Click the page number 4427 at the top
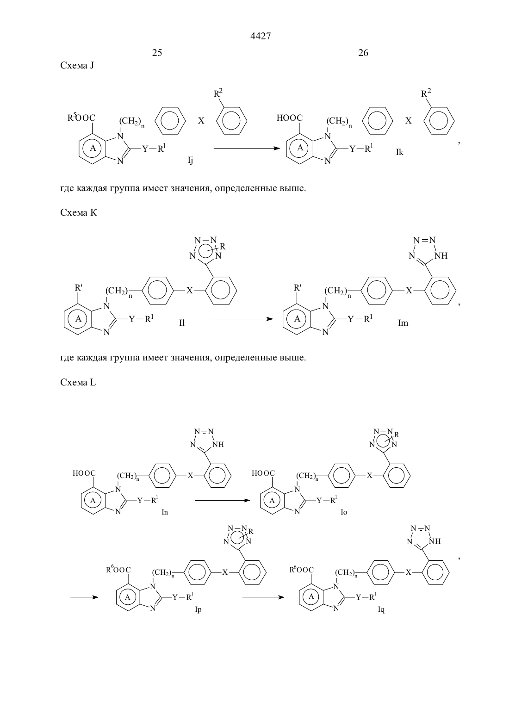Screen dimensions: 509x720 [260, 36]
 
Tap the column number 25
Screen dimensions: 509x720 [157, 53]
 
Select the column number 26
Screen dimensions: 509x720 [363, 53]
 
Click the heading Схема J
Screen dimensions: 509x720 [77, 66]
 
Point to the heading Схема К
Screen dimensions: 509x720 [78, 213]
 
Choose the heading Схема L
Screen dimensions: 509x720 [78, 383]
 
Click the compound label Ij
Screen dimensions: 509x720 [191, 161]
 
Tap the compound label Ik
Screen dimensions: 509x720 [399, 152]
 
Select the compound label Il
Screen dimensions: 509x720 [182, 323]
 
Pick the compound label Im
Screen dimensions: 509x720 [403, 323]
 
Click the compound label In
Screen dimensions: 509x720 [165, 512]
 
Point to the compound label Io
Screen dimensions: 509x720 [344, 512]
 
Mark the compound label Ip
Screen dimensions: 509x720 [198, 610]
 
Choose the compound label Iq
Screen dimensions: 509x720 [381, 610]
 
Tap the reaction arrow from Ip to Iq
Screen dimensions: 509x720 [263, 597]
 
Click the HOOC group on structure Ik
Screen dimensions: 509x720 [290, 118]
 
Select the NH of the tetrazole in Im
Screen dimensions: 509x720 [441, 256]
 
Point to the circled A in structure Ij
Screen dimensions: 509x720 [93, 148]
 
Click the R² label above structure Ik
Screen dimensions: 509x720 [426, 93]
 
